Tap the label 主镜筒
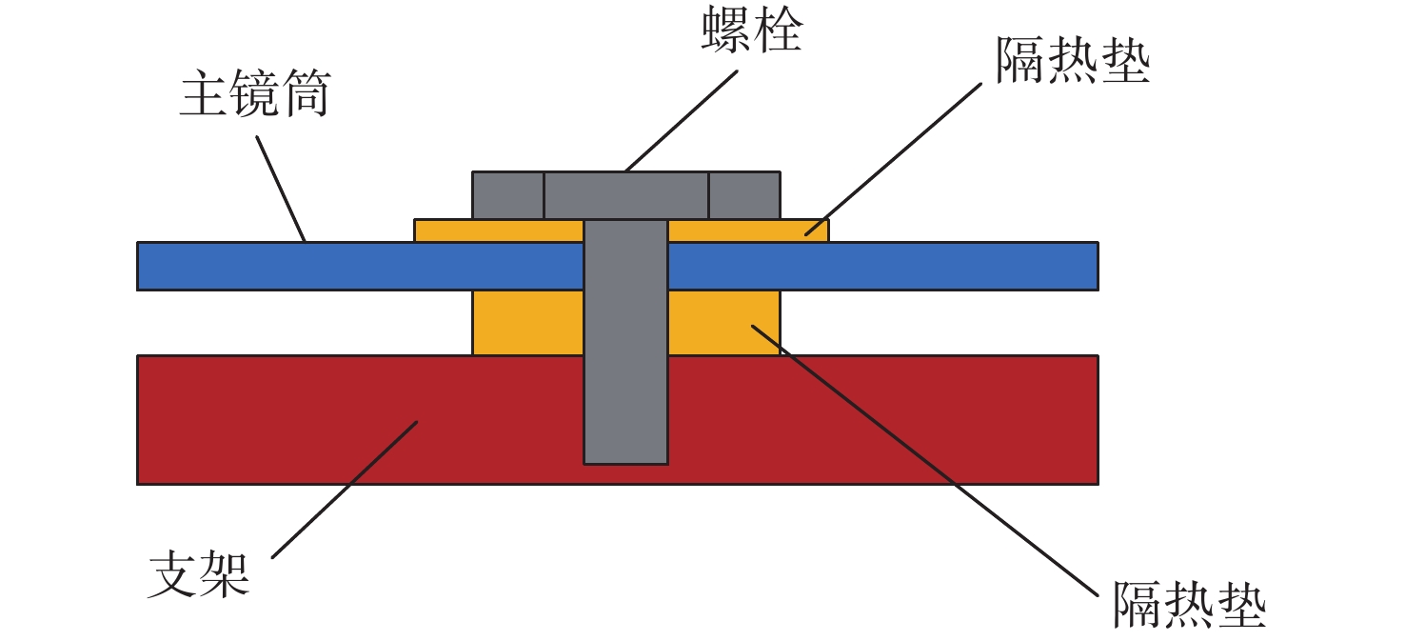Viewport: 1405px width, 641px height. pyautogui.click(x=254, y=97)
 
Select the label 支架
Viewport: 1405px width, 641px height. pyautogui.click(x=199, y=574)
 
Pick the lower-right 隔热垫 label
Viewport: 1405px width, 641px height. pyautogui.click(x=1189, y=604)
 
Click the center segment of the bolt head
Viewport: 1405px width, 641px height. pyautogui.click(x=625, y=195)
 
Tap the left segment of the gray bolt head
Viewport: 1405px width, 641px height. pyautogui.click(x=508, y=195)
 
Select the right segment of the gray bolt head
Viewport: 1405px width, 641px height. pyautogui.click(x=743, y=195)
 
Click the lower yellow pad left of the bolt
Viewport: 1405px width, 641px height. pyautogui.click(x=527, y=322)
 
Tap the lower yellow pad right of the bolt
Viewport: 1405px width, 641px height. pyautogui.click(x=723, y=322)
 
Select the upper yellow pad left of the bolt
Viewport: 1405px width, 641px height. pyautogui.click(x=498, y=230)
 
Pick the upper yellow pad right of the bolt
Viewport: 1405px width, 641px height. pyautogui.click(x=748, y=230)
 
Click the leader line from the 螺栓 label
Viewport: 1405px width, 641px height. pyautogui.click(x=681, y=120)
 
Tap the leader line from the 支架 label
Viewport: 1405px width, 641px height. pyautogui.click(x=345, y=491)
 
